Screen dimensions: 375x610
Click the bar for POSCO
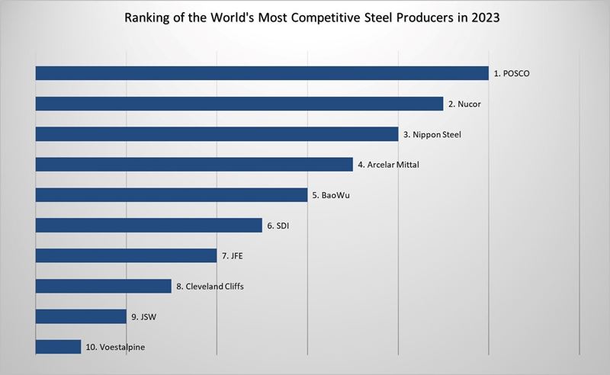click(262, 73)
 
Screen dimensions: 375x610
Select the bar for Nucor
click(239, 104)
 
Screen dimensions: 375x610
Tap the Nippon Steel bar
click(217, 134)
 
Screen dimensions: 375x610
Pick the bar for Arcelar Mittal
click(194, 165)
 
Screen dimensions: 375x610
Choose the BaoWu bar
click(171, 195)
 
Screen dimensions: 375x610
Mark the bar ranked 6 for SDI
click(149, 226)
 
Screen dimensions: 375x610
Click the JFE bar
click(126, 256)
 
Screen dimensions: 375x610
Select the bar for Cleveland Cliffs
click(103, 287)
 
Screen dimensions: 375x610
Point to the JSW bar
click(81, 317)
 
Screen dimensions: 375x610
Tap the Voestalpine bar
click(58, 348)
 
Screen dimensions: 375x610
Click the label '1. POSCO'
click(512, 74)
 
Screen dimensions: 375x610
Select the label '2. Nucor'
click(464, 104)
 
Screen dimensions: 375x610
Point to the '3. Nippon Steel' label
click(432, 135)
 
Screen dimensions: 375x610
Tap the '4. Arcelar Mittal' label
click(388, 165)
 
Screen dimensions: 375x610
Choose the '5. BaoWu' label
click(331, 196)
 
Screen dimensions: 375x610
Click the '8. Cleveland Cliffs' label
click(210, 287)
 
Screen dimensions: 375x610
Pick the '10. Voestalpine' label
click(115, 348)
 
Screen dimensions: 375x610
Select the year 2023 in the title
click(485, 18)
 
